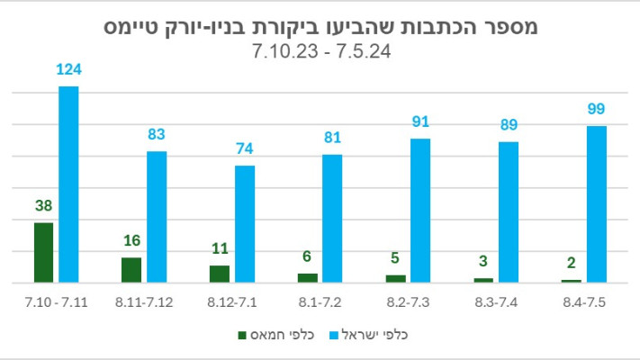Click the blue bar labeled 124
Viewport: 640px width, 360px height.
pos(68,184)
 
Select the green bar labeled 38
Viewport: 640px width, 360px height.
pos(43,253)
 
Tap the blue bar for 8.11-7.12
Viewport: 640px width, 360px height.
pos(157,217)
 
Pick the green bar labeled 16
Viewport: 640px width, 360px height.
pos(131,270)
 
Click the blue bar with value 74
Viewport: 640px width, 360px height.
pos(245,224)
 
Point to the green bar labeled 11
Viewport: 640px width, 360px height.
pos(220,274)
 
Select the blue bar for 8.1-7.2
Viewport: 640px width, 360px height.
pos(332,219)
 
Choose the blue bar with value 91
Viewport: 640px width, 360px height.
pos(420,211)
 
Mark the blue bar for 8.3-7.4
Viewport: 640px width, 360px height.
pos(509,212)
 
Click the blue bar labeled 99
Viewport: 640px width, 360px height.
pos(597,204)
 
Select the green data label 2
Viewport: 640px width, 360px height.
pos(572,264)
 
